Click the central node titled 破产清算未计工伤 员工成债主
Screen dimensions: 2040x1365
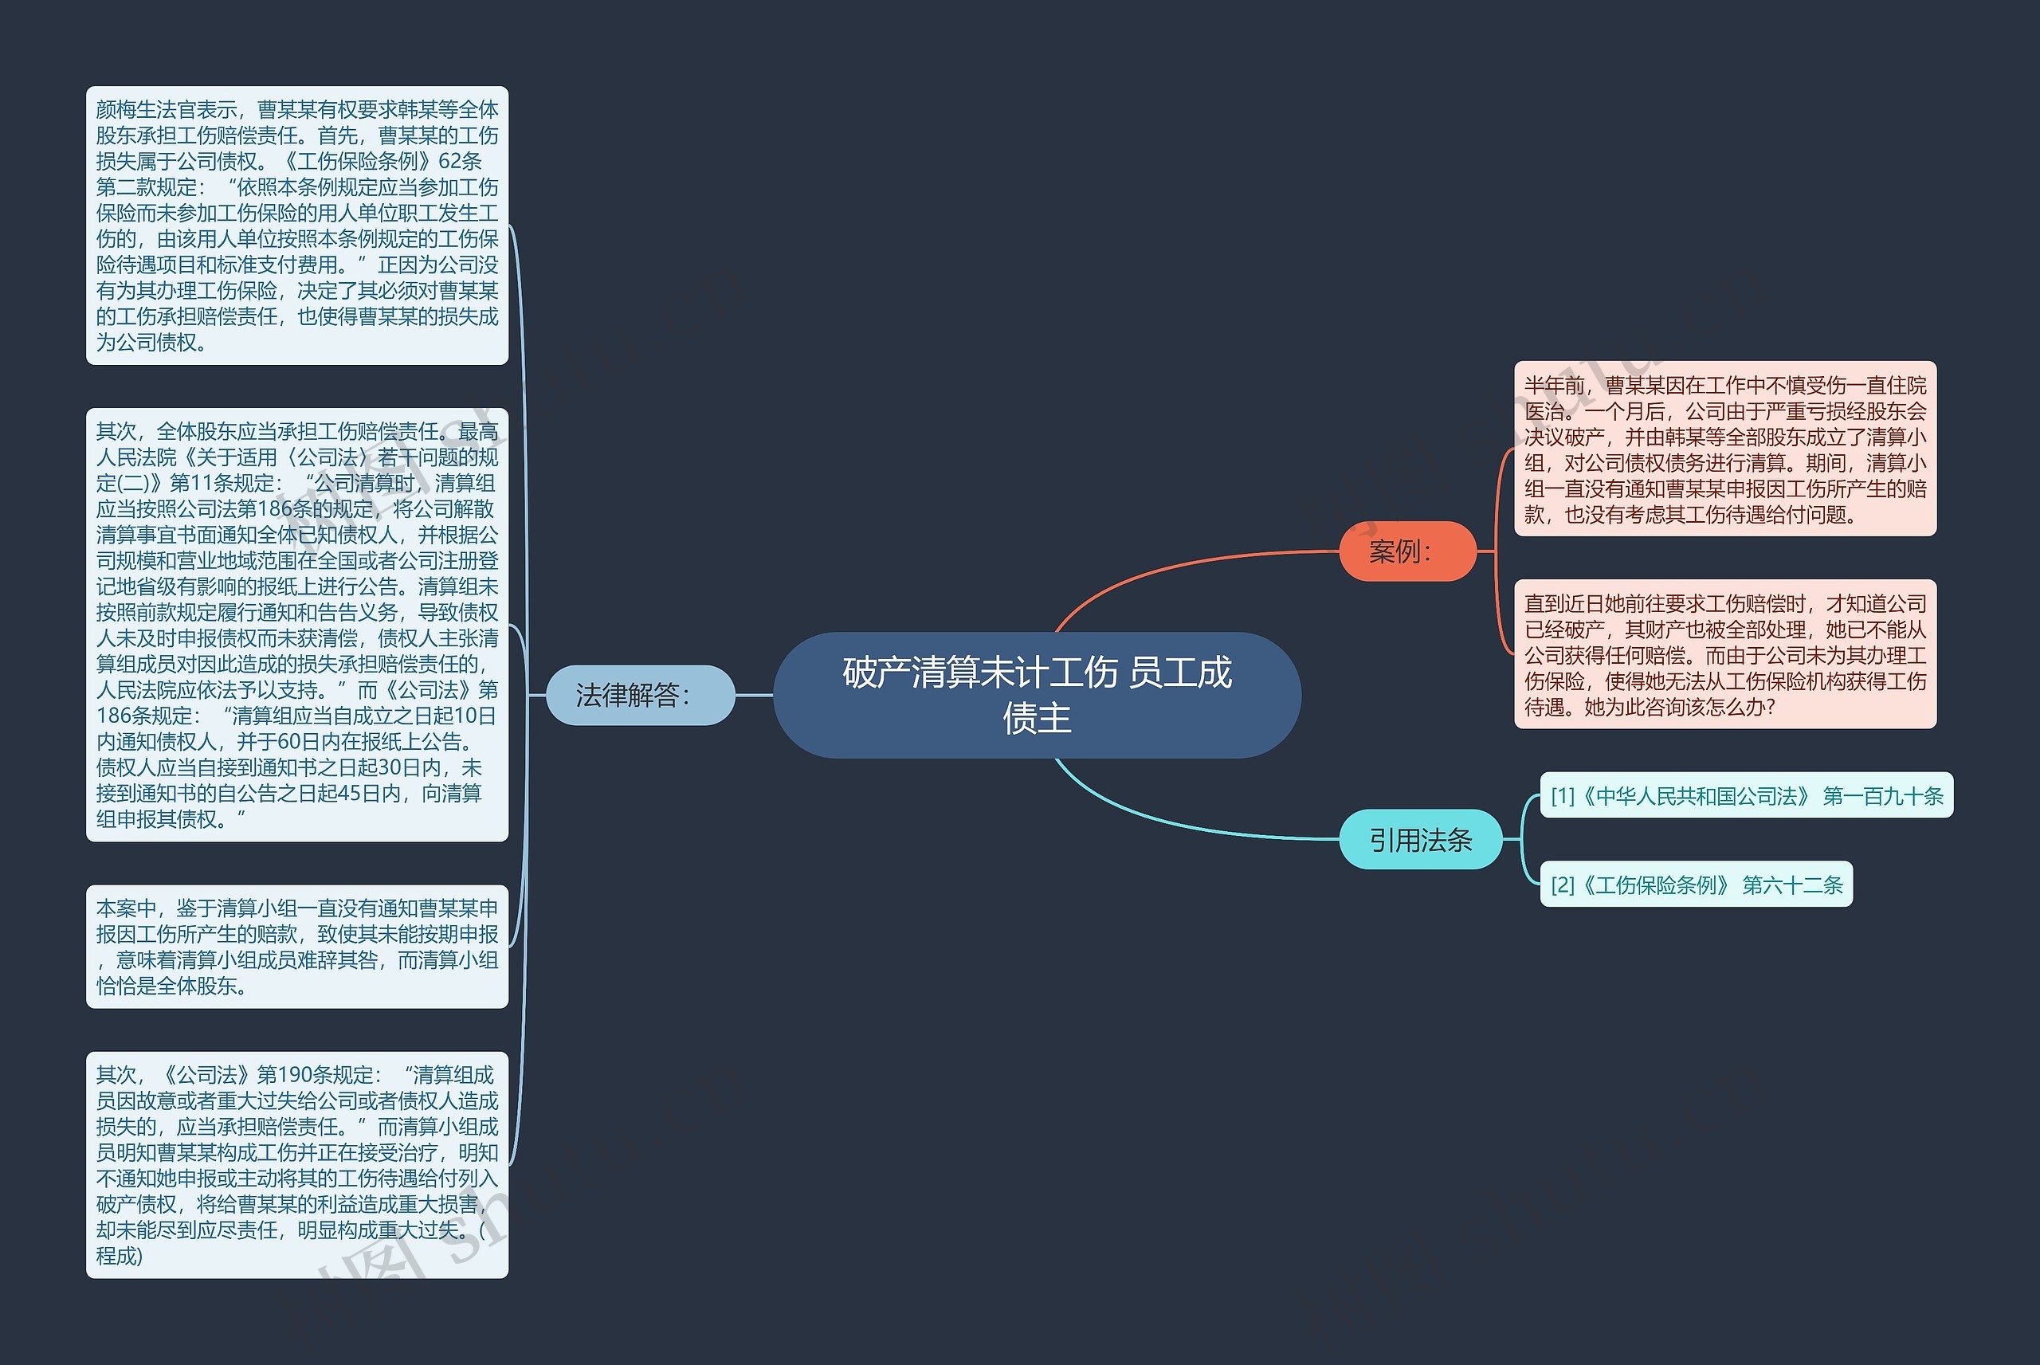1037,695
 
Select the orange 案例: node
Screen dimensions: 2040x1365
1407,551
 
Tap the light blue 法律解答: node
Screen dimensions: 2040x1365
641,695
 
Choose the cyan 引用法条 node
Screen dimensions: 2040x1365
1420,839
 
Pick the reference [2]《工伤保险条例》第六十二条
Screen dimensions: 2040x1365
1697,885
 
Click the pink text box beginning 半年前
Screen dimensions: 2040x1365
1725,449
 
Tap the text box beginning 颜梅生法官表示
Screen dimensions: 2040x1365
296,226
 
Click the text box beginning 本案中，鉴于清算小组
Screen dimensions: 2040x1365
296,947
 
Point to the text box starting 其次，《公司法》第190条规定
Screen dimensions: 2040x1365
296,1165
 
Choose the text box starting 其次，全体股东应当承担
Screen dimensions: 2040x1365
296,625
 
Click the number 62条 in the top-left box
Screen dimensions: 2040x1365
461,161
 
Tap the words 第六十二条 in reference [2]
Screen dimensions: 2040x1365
1793,885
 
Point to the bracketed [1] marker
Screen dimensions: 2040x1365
1563,796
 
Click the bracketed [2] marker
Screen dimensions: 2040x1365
1563,885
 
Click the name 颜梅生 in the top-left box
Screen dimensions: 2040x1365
126,110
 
